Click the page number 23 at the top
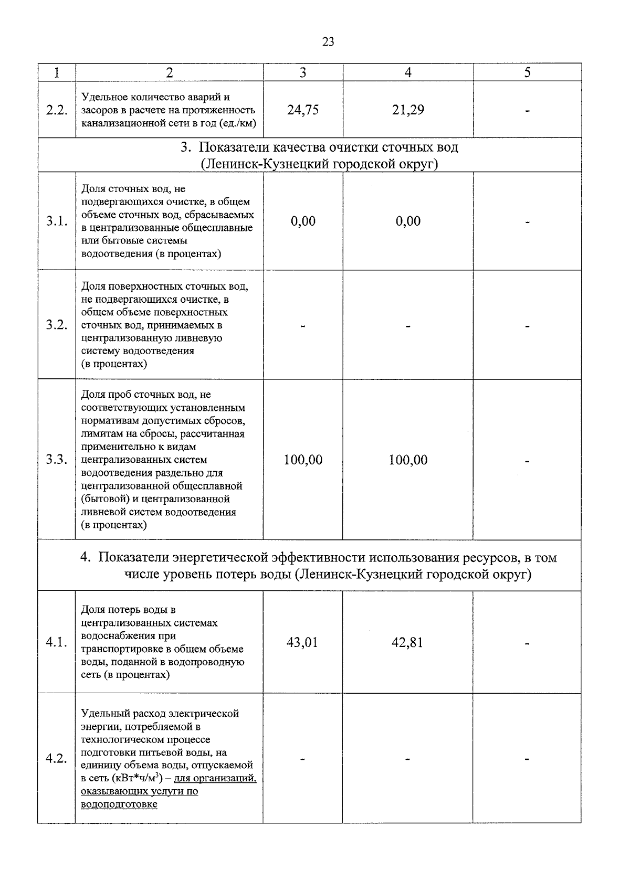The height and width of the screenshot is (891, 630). coord(328,42)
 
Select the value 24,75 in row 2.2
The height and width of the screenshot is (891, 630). coord(303,110)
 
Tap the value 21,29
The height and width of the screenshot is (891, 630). coord(408,110)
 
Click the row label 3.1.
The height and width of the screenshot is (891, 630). coord(57,221)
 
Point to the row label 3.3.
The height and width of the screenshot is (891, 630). coord(57,460)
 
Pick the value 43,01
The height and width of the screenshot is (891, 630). coord(302,643)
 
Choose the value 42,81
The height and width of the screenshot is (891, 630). coord(407,643)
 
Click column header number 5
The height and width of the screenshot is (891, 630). coord(527,72)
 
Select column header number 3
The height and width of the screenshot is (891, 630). coord(303,72)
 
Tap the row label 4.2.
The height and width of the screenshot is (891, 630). coord(57,759)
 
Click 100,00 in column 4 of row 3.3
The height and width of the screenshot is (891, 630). coord(408,460)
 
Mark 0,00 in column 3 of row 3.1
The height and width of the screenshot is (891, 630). coord(303,221)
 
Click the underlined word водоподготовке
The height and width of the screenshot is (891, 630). coord(119,804)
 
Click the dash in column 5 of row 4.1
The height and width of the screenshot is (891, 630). coord(527,644)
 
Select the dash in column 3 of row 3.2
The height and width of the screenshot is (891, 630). coord(303,326)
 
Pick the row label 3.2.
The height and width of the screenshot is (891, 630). coord(57,325)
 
